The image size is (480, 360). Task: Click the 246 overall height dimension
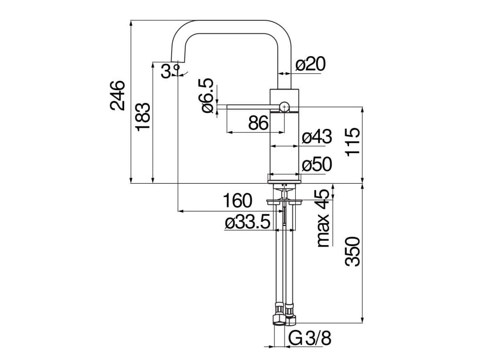[x=118, y=95]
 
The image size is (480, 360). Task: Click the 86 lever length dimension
[x=258, y=124]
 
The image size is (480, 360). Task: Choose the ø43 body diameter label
[x=316, y=138]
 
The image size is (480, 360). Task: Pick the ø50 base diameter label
[x=316, y=165]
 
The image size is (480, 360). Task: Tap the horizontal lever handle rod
[x=247, y=106]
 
